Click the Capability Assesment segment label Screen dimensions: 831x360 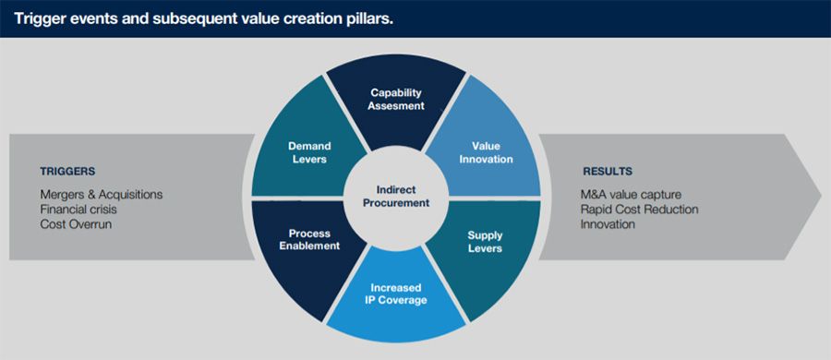click(396, 99)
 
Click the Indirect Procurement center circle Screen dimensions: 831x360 click(396, 197)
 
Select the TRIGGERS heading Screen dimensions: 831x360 click(67, 172)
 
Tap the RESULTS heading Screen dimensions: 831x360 click(608, 172)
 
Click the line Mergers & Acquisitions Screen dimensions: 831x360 click(102, 194)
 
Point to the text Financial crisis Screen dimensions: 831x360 click(78, 209)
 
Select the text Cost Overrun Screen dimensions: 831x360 click(76, 223)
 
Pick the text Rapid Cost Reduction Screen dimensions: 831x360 click(640, 209)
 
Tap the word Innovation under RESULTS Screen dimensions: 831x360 click(608, 223)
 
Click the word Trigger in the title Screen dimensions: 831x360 click(34, 19)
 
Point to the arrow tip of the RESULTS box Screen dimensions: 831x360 click(821, 197)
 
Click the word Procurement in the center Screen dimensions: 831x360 click(396, 203)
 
